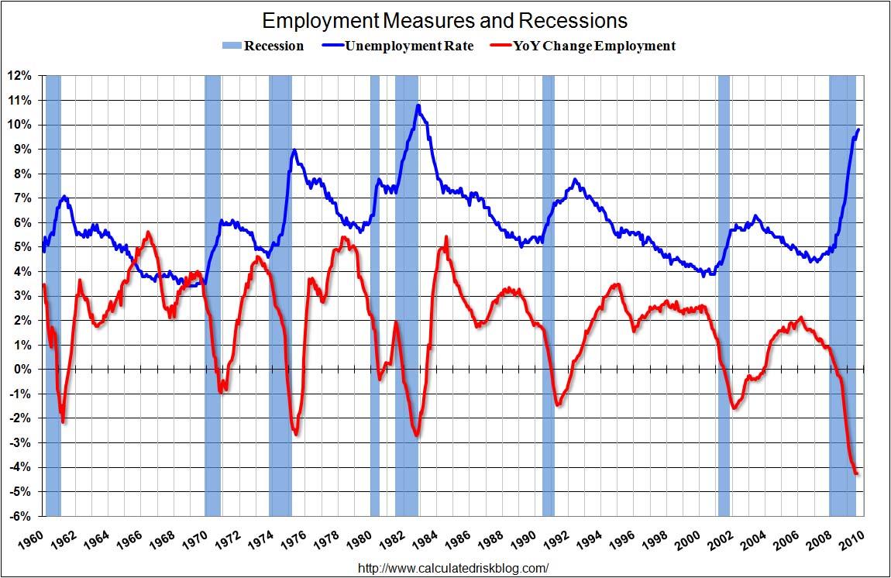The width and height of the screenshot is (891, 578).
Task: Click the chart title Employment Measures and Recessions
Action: (x=444, y=19)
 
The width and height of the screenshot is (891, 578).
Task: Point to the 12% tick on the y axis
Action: (x=19, y=76)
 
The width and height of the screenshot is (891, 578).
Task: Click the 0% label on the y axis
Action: (x=22, y=370)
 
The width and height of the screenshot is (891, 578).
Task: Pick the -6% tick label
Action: (x=21, y=517)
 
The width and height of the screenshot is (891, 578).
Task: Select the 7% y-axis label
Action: (x=22, y=198)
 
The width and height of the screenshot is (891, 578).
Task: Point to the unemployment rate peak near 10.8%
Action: (x=418, y=105)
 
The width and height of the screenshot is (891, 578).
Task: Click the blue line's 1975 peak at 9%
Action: (x=294, y=150)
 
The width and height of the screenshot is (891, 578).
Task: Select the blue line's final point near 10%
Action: (x=858, y=129)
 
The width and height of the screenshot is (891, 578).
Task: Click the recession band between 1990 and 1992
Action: (x=548, y=294)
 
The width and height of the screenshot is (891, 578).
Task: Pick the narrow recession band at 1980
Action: (x=375, y=294)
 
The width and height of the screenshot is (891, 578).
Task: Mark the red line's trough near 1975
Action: (x=296, y=433)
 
